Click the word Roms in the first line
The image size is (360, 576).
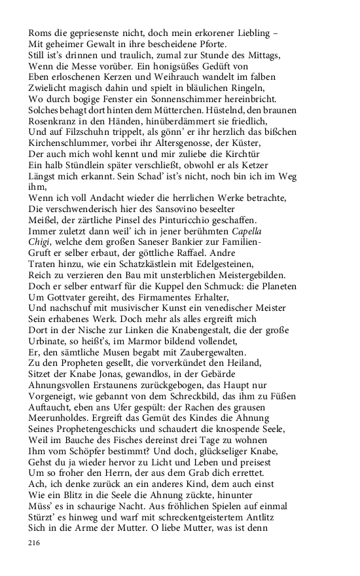[x=41, y=31]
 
